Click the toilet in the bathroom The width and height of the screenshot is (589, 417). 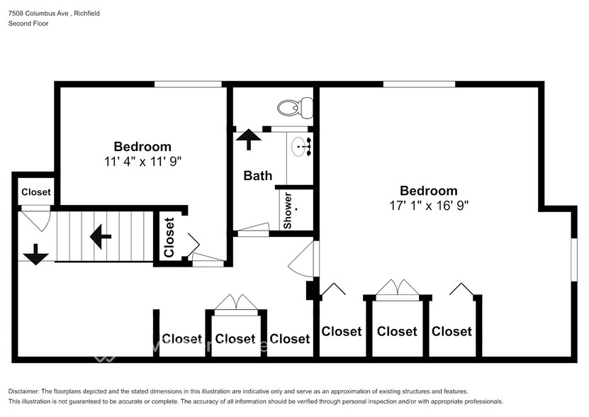296,107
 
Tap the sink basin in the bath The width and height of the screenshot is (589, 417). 300,147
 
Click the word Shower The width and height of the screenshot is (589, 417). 288,210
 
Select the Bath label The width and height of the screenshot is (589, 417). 258,175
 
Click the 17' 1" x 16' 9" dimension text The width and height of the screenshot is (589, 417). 429,205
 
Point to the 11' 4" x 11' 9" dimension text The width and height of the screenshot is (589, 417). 142,161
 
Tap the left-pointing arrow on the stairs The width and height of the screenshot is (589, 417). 101,237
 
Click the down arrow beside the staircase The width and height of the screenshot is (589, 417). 36,255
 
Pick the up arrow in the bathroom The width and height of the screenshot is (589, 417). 248,140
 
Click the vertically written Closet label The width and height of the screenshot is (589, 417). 169,238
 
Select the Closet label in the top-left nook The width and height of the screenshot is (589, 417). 35,192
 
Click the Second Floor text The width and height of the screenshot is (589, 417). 28,23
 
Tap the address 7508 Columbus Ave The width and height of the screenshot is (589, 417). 38,13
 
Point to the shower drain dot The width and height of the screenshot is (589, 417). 297,208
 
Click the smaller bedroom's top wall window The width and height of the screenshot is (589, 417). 188,84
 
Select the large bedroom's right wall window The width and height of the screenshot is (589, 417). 574,260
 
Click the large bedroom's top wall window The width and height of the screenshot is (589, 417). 419,84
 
